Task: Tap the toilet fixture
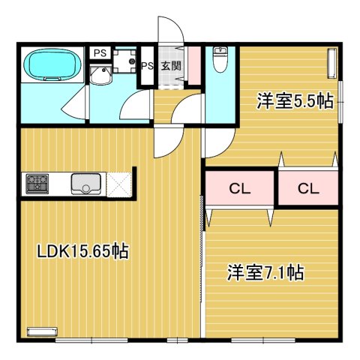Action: pyautogui.click(x=220, y=59)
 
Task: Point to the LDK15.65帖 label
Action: pyautogui.click(x=83, y=251)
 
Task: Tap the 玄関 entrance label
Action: pyautogui.click(x=171, y=65)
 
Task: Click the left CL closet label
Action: pyautogui.click(x=239, y=188)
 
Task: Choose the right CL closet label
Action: pyautogui.click(x=308, y=188)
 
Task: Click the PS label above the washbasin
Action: pyautogui.click(x=99, y=52)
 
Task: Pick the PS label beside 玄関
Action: pyautogui.click(x=148, y=65)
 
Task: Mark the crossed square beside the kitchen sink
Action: pyautogui.click(x=119, y=182)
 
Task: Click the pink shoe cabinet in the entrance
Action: pyautogui.click(x=194, y=64)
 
